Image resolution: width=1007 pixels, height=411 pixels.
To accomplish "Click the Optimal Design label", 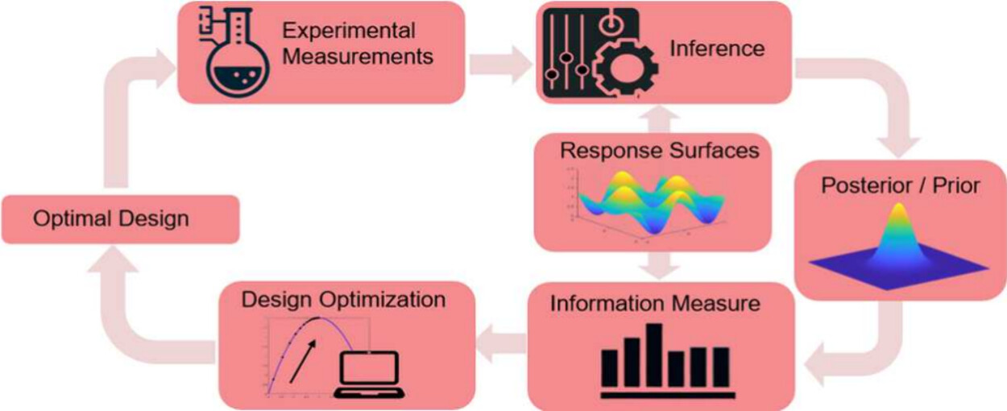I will click(111, 218).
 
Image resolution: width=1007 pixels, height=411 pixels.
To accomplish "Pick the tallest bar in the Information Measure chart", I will click(654, 355).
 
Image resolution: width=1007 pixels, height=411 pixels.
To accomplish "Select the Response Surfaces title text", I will click(660, 151).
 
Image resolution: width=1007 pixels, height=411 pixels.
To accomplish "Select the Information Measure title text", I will click(655, 304).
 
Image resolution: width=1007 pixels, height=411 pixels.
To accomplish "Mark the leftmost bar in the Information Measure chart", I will click(611, 367).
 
